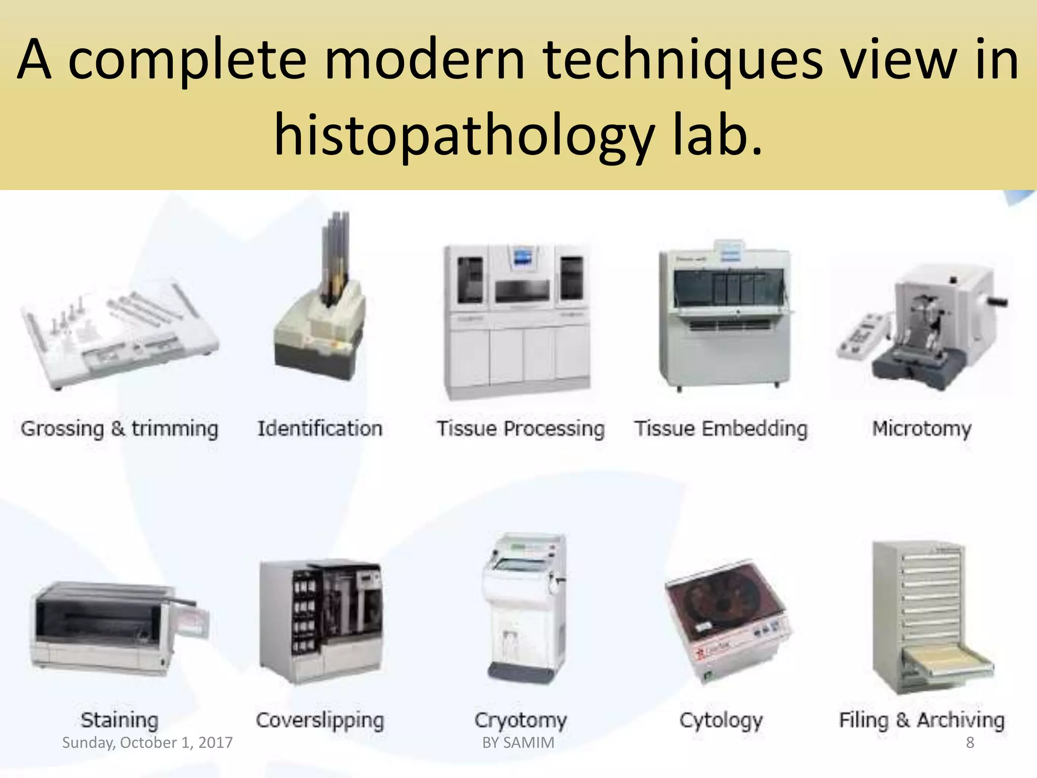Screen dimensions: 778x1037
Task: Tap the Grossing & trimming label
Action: (119, 429)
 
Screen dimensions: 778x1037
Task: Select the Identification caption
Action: (320, 429)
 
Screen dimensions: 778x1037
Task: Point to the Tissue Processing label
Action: (521, 429)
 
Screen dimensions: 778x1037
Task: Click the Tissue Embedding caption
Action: (721, 429)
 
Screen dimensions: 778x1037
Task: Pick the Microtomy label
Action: (921, 429)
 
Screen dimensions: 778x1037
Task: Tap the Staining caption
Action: (119, 719)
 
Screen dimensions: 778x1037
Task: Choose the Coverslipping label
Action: (320, 719)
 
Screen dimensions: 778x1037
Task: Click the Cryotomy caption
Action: (521, 719)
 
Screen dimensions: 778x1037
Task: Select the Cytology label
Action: (721, 719)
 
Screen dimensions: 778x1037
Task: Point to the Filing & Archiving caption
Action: (921, 719)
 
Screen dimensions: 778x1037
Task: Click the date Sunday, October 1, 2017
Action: (147, 743)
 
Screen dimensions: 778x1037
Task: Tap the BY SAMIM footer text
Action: (518, 743)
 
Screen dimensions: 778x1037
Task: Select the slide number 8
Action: (970, 743)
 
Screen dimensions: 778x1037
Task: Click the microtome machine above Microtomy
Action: (927, 329)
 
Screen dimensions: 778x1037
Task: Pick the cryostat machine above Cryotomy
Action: (524, 608)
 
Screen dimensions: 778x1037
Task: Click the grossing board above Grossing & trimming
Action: (119, 334)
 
